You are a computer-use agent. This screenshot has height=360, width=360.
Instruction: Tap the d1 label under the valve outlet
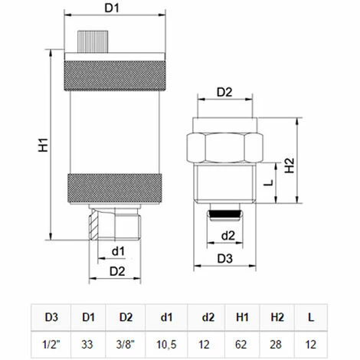(x=116, y=250)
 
